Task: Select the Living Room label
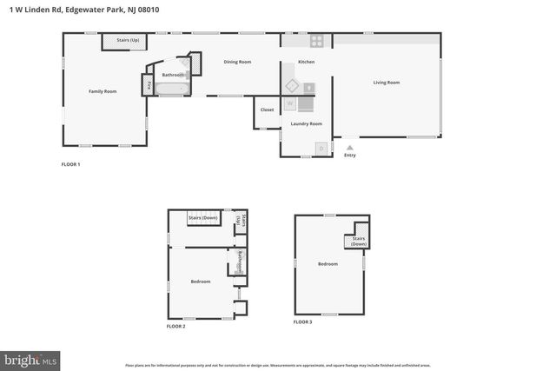(387, 83)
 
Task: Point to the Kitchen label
(306, 62)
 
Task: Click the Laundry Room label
(306, 123)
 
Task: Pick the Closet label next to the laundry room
(267, 109)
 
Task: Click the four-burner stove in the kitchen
(317, 40)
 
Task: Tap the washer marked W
(290, 103)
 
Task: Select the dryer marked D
(321, 149)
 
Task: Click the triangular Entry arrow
(350, 148)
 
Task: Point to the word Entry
(350, 156)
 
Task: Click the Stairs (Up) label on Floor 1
(122, 40)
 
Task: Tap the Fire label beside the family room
(149, 85)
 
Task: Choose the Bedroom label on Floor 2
(201, 282)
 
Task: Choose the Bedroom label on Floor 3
(328, 264)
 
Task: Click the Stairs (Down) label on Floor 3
(359, 241)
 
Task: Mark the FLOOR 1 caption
(70, 164)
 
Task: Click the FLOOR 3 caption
(302, 321)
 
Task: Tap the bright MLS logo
(30, 358)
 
